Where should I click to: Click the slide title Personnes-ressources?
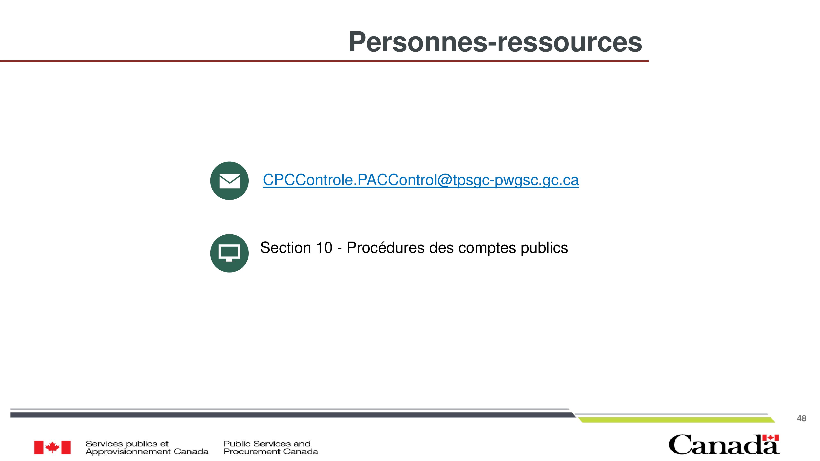(495, 42)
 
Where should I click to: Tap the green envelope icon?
(229, 181)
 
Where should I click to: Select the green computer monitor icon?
(229, 253)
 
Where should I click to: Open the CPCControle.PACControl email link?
(420, 180)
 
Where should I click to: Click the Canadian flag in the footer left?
(52, 447)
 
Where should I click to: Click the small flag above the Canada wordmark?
(770, 438)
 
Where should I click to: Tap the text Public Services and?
(267, 444)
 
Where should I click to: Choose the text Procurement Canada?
(271, 451)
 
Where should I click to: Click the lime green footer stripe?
(676, 420)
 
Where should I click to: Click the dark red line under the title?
(324, 61)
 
